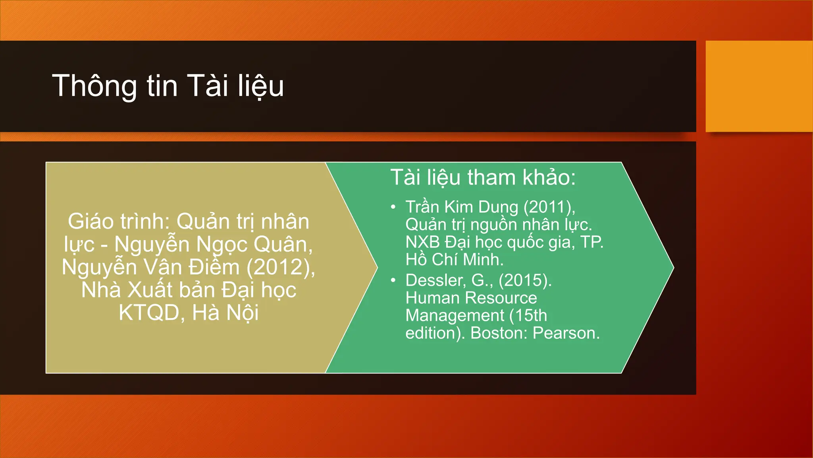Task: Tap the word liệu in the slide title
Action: [x=261, y=86]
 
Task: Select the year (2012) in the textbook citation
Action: [x=281, y=267]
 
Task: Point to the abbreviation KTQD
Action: [x=149, y=313]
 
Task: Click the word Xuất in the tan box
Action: [x=150, y=290]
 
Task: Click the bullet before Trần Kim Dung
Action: [x=393, y=207]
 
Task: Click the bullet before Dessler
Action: [x=393, y=281]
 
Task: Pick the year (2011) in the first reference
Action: [x=549, y=207]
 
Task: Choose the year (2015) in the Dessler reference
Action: [x=525, y=281]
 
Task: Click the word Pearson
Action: [x=566, y=333]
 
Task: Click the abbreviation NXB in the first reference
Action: [x=422, y=242]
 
